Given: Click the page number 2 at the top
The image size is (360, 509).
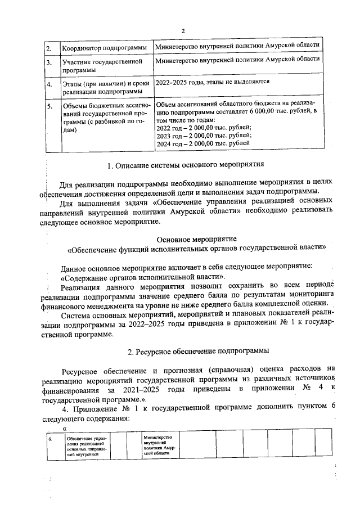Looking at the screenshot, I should (x=183, y=30).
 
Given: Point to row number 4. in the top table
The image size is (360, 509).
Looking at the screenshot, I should (x=49, y=85).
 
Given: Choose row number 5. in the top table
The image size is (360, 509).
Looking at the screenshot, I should (x=49, y=106).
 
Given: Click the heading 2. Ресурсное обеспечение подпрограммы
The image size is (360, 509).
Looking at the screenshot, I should (x=199, y=352).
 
